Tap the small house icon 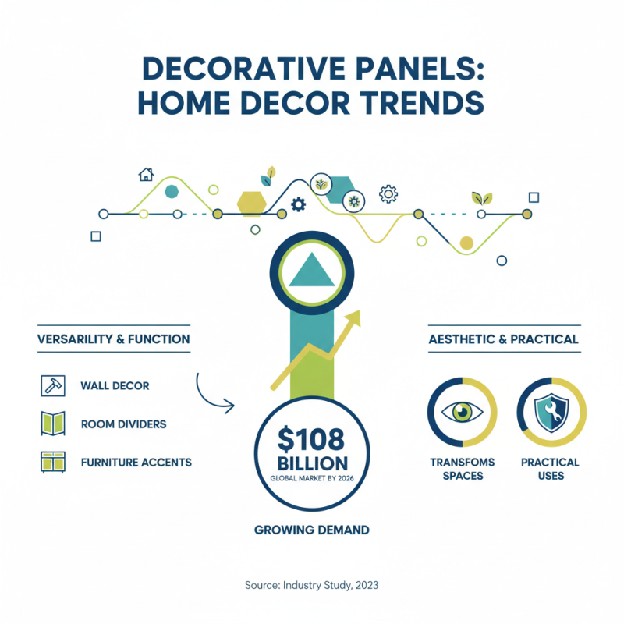(145, 174)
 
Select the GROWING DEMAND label (312, 530)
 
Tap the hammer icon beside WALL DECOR (51, 385)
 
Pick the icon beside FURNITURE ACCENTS (51, 462)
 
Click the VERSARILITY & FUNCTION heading (113, 339)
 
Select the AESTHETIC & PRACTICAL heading (504, 339)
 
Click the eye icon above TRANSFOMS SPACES (462, 411)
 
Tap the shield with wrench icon (551, 411)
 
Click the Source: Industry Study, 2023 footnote (312, 584)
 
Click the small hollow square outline (96, 236)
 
